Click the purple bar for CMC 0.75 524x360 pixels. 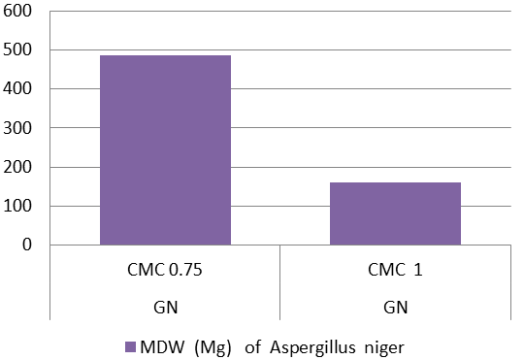[x=165, y=150]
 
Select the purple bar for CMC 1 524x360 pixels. [x=395, y=213]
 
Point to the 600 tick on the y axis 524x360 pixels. [x=17, y=11]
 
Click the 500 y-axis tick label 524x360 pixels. [x=17, y=49]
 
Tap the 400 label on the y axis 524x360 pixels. [x=17, y=88]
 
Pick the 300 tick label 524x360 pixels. [x=17, y=128]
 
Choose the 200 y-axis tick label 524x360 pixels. [x=17, y=167]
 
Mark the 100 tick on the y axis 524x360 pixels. [x=17, y=206]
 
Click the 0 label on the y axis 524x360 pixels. [x=27, y=245]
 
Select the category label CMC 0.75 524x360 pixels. [x=165, y=270]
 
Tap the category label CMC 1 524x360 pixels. [x=395, y=270]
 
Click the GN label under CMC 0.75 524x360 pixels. [x=165, y=308]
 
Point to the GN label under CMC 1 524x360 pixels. [x=396, y=308]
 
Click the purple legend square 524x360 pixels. [x=130, y=347]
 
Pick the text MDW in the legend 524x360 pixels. [x=162, y=347]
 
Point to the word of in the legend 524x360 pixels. [x=252, y=347]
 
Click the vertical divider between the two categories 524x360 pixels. [x=279, y=282]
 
